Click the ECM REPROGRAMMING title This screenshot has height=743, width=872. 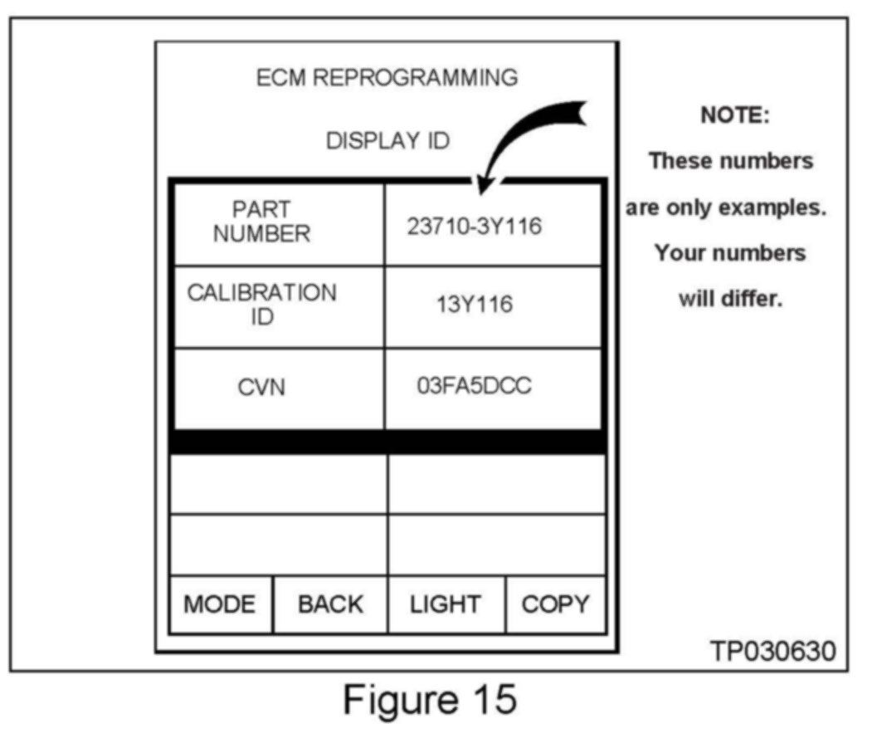(x=387, y=78)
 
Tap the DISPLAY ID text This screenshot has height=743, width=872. (x=387, y=141)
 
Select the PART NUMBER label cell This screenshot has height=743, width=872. (x=261, y=222)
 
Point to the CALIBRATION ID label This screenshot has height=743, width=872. (x=261, y=305)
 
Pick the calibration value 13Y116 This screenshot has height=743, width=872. (x=475, y=305)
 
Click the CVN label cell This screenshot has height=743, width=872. (x=261, y=388)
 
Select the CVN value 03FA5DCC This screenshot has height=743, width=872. (x=475, y=387)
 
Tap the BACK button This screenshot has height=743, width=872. (x=330, y=604)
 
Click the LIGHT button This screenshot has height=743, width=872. (x=445, y=604)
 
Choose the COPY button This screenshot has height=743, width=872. (x=555, y=604)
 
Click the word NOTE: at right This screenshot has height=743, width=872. (x=735, y=115)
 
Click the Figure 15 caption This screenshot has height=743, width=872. (x=429, y=700)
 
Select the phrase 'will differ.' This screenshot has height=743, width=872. (x=730, y=298)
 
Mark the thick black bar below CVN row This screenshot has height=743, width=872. (x=387, y=442)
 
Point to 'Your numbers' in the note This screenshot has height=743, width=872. (x=730, y=252)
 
